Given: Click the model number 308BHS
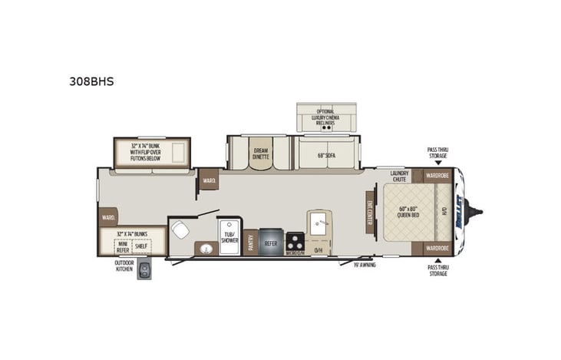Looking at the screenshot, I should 97,81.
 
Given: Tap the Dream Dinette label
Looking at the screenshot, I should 261,153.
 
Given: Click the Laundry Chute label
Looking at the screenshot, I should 398,176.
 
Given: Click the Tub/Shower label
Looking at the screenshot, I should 229,236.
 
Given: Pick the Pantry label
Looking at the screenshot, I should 251,243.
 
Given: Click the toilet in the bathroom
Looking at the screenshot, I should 181,229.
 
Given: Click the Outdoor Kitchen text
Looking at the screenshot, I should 124,266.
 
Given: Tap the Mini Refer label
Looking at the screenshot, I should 123,246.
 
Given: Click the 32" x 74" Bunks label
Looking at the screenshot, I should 131,233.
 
